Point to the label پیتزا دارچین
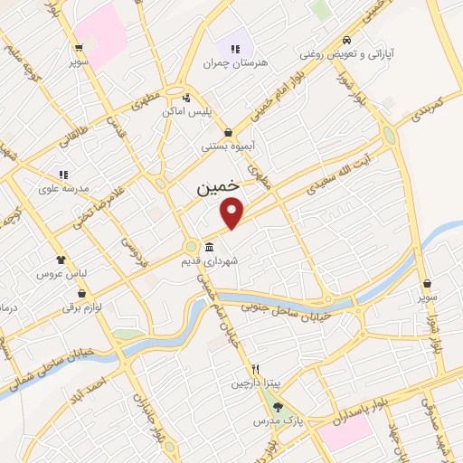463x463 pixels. click(249, 383)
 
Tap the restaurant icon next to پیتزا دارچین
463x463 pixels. click(257, 369)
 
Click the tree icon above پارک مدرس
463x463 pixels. click(279, 407)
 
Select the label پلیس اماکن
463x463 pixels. click(186, 111)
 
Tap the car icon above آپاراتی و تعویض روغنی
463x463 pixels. click(347, 41)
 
